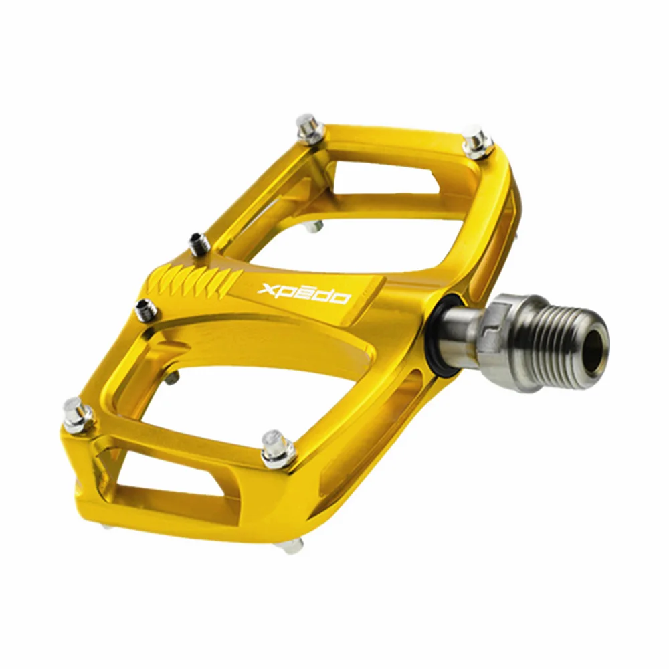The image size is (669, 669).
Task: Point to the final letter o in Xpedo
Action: click(339, 299)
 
